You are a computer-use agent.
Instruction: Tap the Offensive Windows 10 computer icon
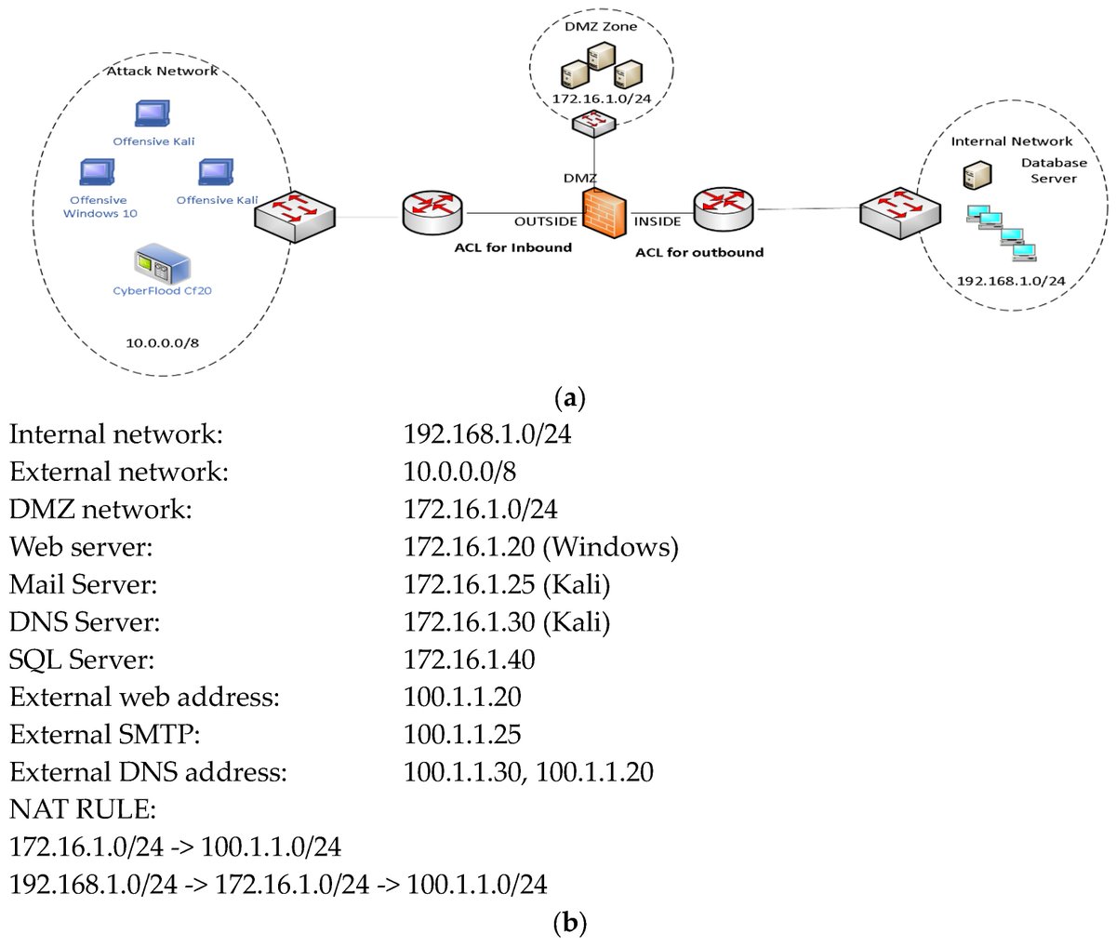pyautogui.click(x=98, y=174)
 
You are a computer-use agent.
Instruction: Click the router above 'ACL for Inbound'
pyautogui.click(x=432, y=213)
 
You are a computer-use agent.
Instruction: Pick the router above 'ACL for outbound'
pyautogui.click(x=723, y=210)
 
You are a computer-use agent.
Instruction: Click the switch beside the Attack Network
pyautogui.click(x=296, y=215)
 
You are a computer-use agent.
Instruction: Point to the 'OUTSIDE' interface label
pyautogui.click(x=546, y=221)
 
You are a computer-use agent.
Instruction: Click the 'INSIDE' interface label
pyautogui.click(x=658, y=221)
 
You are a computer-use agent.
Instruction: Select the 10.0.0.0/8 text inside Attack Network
pyautogui.click(x=162, y=342)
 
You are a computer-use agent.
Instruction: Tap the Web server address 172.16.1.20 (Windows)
pyautogui.click(x=540, y=547)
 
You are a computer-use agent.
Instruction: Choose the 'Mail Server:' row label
pyautogui.click(x=83, y=584)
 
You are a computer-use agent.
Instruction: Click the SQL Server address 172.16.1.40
pyautogui.click(x=469, y=660)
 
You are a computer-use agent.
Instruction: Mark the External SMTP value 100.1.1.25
pyautogui.click(x=462, y=734)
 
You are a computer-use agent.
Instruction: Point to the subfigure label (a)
pyautogui.click(x=568, y=400)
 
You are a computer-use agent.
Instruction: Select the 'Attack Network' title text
pyautogui.click(x=162, y=71)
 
